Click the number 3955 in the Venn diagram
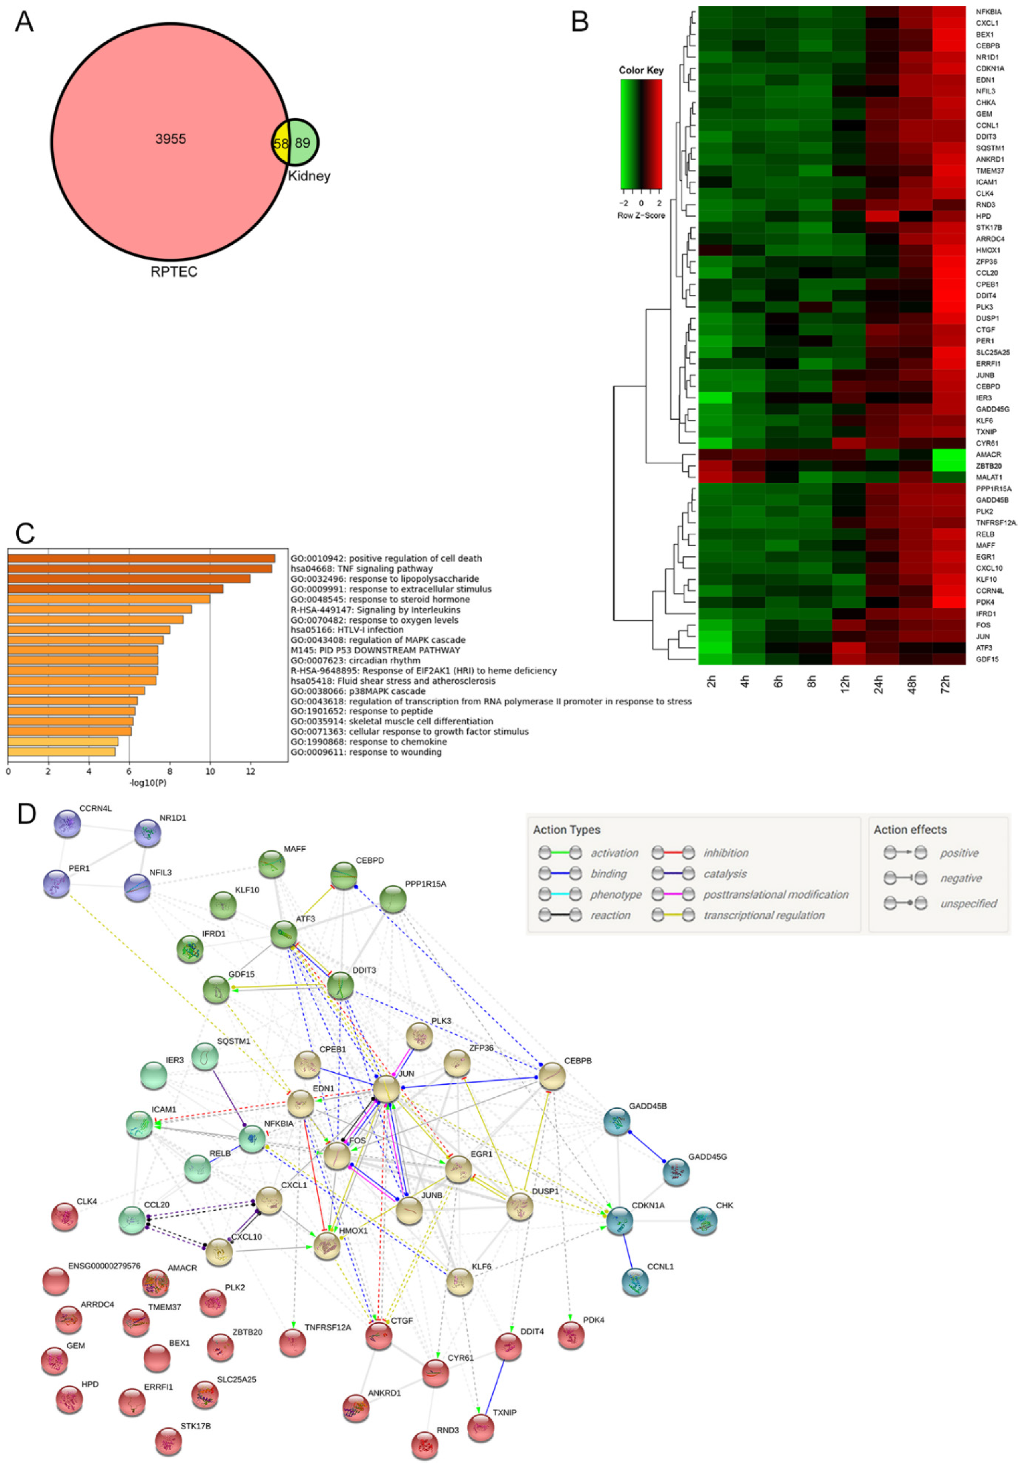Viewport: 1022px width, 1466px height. pyautogui.click(x=170, y=139)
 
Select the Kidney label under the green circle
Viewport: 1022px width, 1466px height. pyautogui.click(x=309, y=176)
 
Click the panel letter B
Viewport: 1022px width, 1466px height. pyautogui.click(x=579, y=22)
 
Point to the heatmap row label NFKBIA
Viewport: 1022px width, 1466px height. pyautogui.click(x=988, y=12)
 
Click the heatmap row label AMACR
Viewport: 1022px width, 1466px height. pyautogui.click(x=988, y=454)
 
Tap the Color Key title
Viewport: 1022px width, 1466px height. pyautogui.click(x=641, y=70)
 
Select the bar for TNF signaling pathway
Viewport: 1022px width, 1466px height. pyautogui.click(x=140, y=568)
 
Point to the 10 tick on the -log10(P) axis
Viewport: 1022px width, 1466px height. pyautogui.click(x=210, y=772)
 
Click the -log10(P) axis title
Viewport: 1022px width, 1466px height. pyautogui.click(x=148, y=783)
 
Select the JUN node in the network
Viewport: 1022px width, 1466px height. pyautogui.click(x=386, y=1089)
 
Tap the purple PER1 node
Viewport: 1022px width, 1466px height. pyautogui.click(x=56, y=884)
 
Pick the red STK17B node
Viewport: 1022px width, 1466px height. pyautogui.click(x=169, y=1441)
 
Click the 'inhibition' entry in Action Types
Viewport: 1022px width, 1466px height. pyautogui.click(x=726, y=853)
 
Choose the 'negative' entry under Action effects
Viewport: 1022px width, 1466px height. pyautogui.click(x=960, y=879)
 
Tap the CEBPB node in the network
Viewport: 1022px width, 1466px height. pyautogui.click(x=552, y=1077)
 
